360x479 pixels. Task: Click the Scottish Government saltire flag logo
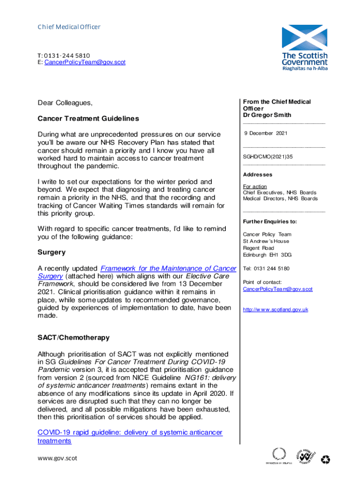click(x=304, y=38)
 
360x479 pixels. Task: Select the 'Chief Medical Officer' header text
click(x=69, y=27)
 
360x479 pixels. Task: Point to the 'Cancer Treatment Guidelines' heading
click(x=88, y=119)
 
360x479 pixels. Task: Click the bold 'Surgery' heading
click(x=51, y=252)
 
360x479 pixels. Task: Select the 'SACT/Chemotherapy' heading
click(x=73, y=337)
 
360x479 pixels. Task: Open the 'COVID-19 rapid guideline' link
click(x=130, y=433)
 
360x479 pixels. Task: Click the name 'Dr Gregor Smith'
click(x=267, y=115)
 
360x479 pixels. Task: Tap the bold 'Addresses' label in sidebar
click(x=258, y=174)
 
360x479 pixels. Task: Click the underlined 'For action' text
click(x=255, y=187)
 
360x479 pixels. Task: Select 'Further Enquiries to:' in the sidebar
click(x=270, y=221)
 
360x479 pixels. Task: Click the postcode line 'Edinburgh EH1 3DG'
click(x=267, y=255)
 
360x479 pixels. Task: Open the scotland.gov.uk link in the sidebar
click(x=275, y=310)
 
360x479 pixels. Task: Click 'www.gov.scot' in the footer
click(x=57, y=458)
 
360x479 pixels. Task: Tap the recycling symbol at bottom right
click(x=325, y=460)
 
